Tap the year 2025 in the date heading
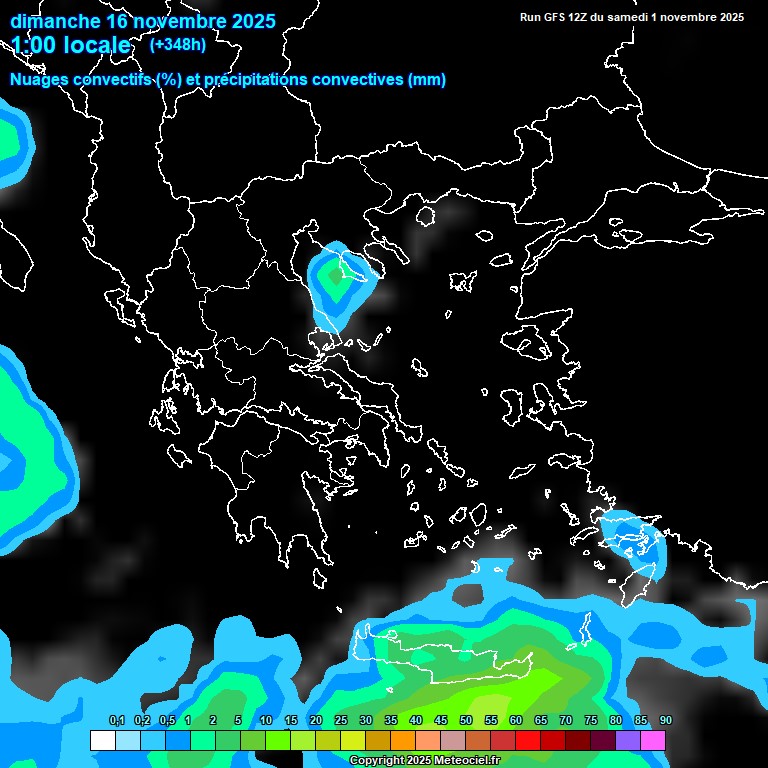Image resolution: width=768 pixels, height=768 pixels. (x=244, y=21)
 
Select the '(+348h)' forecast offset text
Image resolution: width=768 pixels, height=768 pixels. (x=179, y=44)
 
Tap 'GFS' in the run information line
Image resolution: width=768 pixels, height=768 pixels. (x=564, y=17)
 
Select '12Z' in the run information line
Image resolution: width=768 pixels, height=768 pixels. (x=590, y=17)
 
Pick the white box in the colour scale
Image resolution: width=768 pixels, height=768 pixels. (x=102, y=741)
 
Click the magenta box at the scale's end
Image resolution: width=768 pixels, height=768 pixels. (x=653, y=741)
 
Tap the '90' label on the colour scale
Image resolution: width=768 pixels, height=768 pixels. (x=665, y=721)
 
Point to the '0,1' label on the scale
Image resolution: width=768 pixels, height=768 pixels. (x=116, y=721)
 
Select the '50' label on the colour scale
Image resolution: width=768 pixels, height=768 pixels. (x=466, y=721)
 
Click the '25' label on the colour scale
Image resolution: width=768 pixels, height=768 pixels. (x=341, y=721)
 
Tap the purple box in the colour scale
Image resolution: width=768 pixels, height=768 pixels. (x=628, y=741)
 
